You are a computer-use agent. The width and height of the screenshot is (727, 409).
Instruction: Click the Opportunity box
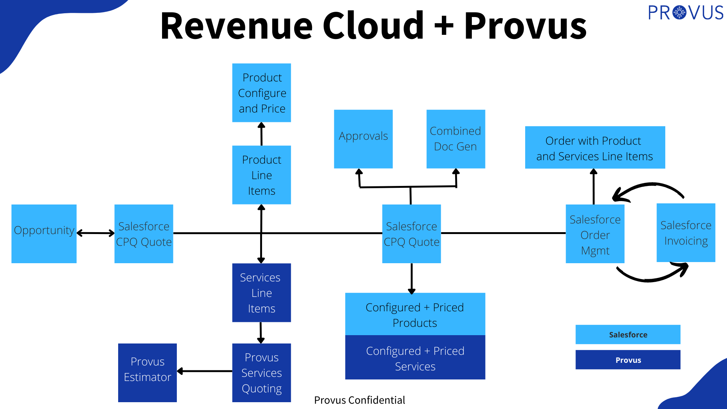tap(44, 234)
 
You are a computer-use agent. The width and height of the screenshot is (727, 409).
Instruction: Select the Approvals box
tap(363, 139)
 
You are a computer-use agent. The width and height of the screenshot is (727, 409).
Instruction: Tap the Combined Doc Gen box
tap(456, 139)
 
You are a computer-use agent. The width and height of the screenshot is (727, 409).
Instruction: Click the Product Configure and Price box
tap(262, 93)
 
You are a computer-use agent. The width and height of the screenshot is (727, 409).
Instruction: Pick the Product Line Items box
tap(262, 175)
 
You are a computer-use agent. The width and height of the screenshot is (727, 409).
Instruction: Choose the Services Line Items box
tap(262, 293)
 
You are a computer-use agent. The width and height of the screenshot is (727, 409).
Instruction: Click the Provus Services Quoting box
tap(262, 373)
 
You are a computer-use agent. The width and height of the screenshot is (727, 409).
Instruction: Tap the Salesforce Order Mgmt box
tap(595, 234)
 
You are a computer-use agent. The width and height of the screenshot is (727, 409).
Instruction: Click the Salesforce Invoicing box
tap(686, 233)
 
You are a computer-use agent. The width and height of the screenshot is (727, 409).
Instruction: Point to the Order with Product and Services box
tap(595, 147)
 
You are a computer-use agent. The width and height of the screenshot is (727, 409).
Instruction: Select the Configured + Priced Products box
tap(415, 314)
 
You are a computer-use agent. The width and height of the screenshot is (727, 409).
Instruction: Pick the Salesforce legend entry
tap(628, 334)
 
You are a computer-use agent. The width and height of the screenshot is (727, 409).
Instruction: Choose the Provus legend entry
tap(628, 360)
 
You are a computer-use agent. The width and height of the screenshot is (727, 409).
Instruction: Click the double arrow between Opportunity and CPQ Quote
tap(95, 233)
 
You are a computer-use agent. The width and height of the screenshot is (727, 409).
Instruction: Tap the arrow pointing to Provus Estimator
tap(204, 371)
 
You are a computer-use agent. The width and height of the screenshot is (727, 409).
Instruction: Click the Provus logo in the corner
tap(686, 13)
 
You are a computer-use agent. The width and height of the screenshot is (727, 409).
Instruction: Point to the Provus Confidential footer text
tap(359, 400)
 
